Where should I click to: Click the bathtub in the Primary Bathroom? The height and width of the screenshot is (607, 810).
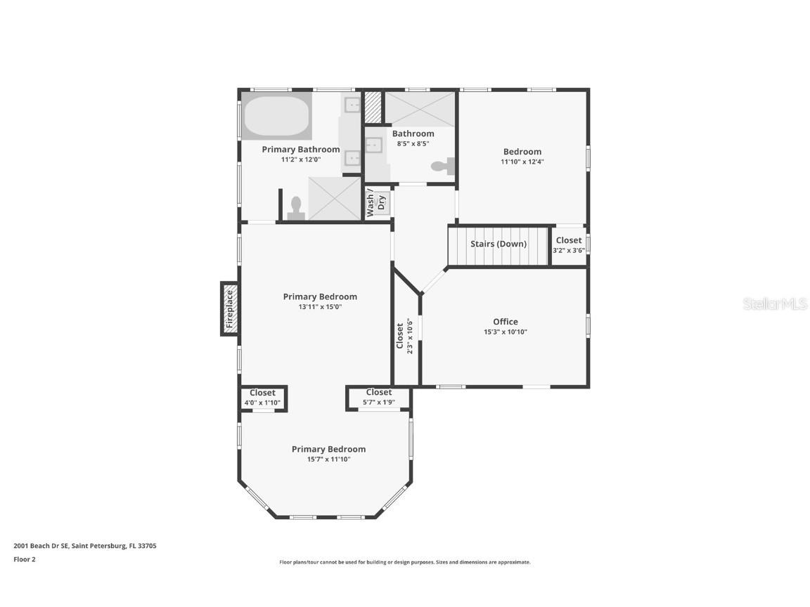tap(277, 116)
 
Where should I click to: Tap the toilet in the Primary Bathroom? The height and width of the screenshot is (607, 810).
tap(296, 208)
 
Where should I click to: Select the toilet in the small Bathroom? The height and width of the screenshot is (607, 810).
tap(443, 167)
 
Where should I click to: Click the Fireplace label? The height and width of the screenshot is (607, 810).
tap(230, 308)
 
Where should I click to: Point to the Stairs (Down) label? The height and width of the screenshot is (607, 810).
tap(499, 244)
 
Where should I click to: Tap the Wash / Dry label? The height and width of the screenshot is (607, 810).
tap(375, 203)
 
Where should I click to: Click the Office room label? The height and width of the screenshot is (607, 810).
tap(506, 322)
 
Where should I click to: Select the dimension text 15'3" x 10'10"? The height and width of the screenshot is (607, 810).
tap(506, 332)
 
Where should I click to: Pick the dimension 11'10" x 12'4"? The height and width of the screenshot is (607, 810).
tap(522, 162)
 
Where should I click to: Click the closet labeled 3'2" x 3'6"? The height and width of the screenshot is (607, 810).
tap(569, 245)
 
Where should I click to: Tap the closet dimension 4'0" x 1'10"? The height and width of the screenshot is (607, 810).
tap(262, 403)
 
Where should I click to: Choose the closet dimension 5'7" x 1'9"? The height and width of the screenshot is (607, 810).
tap(379, 402)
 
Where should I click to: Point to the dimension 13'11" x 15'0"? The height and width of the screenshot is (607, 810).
tap(321, 306)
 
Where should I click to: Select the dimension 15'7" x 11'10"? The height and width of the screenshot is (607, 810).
tap(328, 459)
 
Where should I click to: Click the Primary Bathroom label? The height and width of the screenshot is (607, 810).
tap(301, 149)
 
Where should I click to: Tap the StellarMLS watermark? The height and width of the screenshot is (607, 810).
tap(775, 303)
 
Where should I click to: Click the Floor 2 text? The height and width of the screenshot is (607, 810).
tap(25, 559)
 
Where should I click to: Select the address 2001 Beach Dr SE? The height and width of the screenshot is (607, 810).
tap(41, 546)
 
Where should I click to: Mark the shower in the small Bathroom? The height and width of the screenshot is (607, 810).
tap(420, 110)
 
